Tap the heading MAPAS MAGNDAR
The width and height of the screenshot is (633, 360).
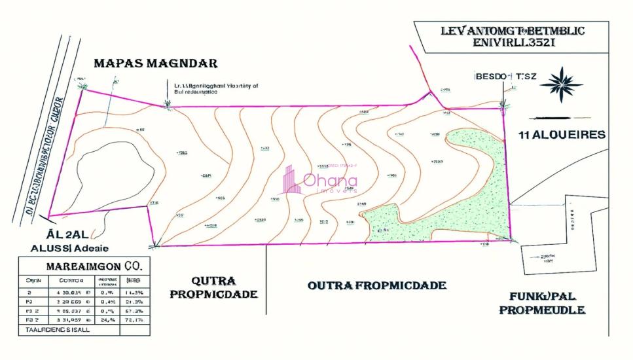point(155,63)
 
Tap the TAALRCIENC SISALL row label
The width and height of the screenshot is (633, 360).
point(56,330)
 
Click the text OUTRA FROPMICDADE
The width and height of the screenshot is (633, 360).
point(377,285)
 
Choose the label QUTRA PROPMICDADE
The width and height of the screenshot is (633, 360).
point(213,287)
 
